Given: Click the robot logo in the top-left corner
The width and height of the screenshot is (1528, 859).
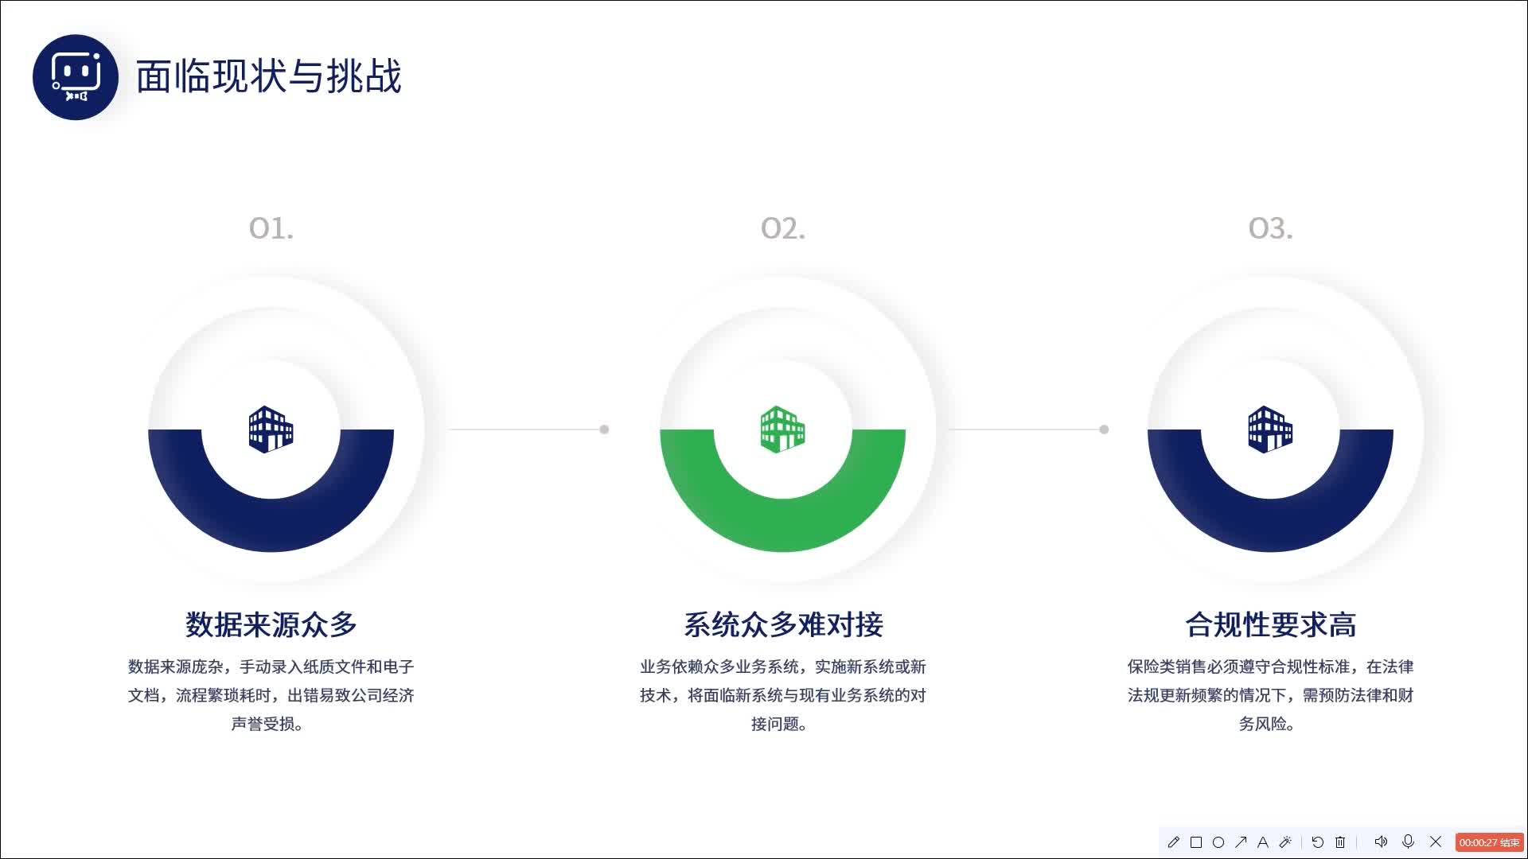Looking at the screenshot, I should tap(76, 77).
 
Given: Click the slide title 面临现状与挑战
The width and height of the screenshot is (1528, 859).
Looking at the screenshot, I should tap(268, 77).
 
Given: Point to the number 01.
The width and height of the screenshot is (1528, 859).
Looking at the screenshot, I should tap(271, 229).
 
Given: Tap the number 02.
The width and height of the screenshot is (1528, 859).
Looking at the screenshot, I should tap(782, 229).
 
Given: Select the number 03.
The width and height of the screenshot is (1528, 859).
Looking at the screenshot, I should tap(1270, 229).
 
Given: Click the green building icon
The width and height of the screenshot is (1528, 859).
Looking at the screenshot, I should tap(782, 429).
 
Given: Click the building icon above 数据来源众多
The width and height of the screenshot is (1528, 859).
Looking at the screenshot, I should tap(271, 429).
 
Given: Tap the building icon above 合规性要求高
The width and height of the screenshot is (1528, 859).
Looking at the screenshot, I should tap(1270, 429).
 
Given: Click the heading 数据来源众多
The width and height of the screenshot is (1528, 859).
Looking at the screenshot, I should tap(271, 624).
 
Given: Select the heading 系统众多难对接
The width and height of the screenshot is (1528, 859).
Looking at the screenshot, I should tap(783, 624).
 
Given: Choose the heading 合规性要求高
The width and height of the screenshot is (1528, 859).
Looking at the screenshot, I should tap(1270, 624).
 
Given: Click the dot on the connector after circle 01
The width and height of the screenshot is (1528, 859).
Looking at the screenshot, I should tap(604, 429).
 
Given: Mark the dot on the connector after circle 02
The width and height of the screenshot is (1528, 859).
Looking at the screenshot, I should tap(1104, 429).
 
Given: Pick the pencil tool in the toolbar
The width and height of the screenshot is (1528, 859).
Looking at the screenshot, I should tap(1173, 842).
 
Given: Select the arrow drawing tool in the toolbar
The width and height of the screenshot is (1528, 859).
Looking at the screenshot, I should tap(1241, 842).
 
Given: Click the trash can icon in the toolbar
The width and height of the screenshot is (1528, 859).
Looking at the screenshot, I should tap(1340, 842).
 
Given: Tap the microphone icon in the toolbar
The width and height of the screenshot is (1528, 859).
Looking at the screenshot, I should tap(1408, 842).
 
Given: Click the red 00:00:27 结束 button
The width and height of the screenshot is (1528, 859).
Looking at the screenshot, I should tap(1489, 842).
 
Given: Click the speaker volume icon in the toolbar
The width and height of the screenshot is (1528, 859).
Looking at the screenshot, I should tap(1381, 842).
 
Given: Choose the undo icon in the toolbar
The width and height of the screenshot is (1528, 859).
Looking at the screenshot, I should tap(1318, 842).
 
